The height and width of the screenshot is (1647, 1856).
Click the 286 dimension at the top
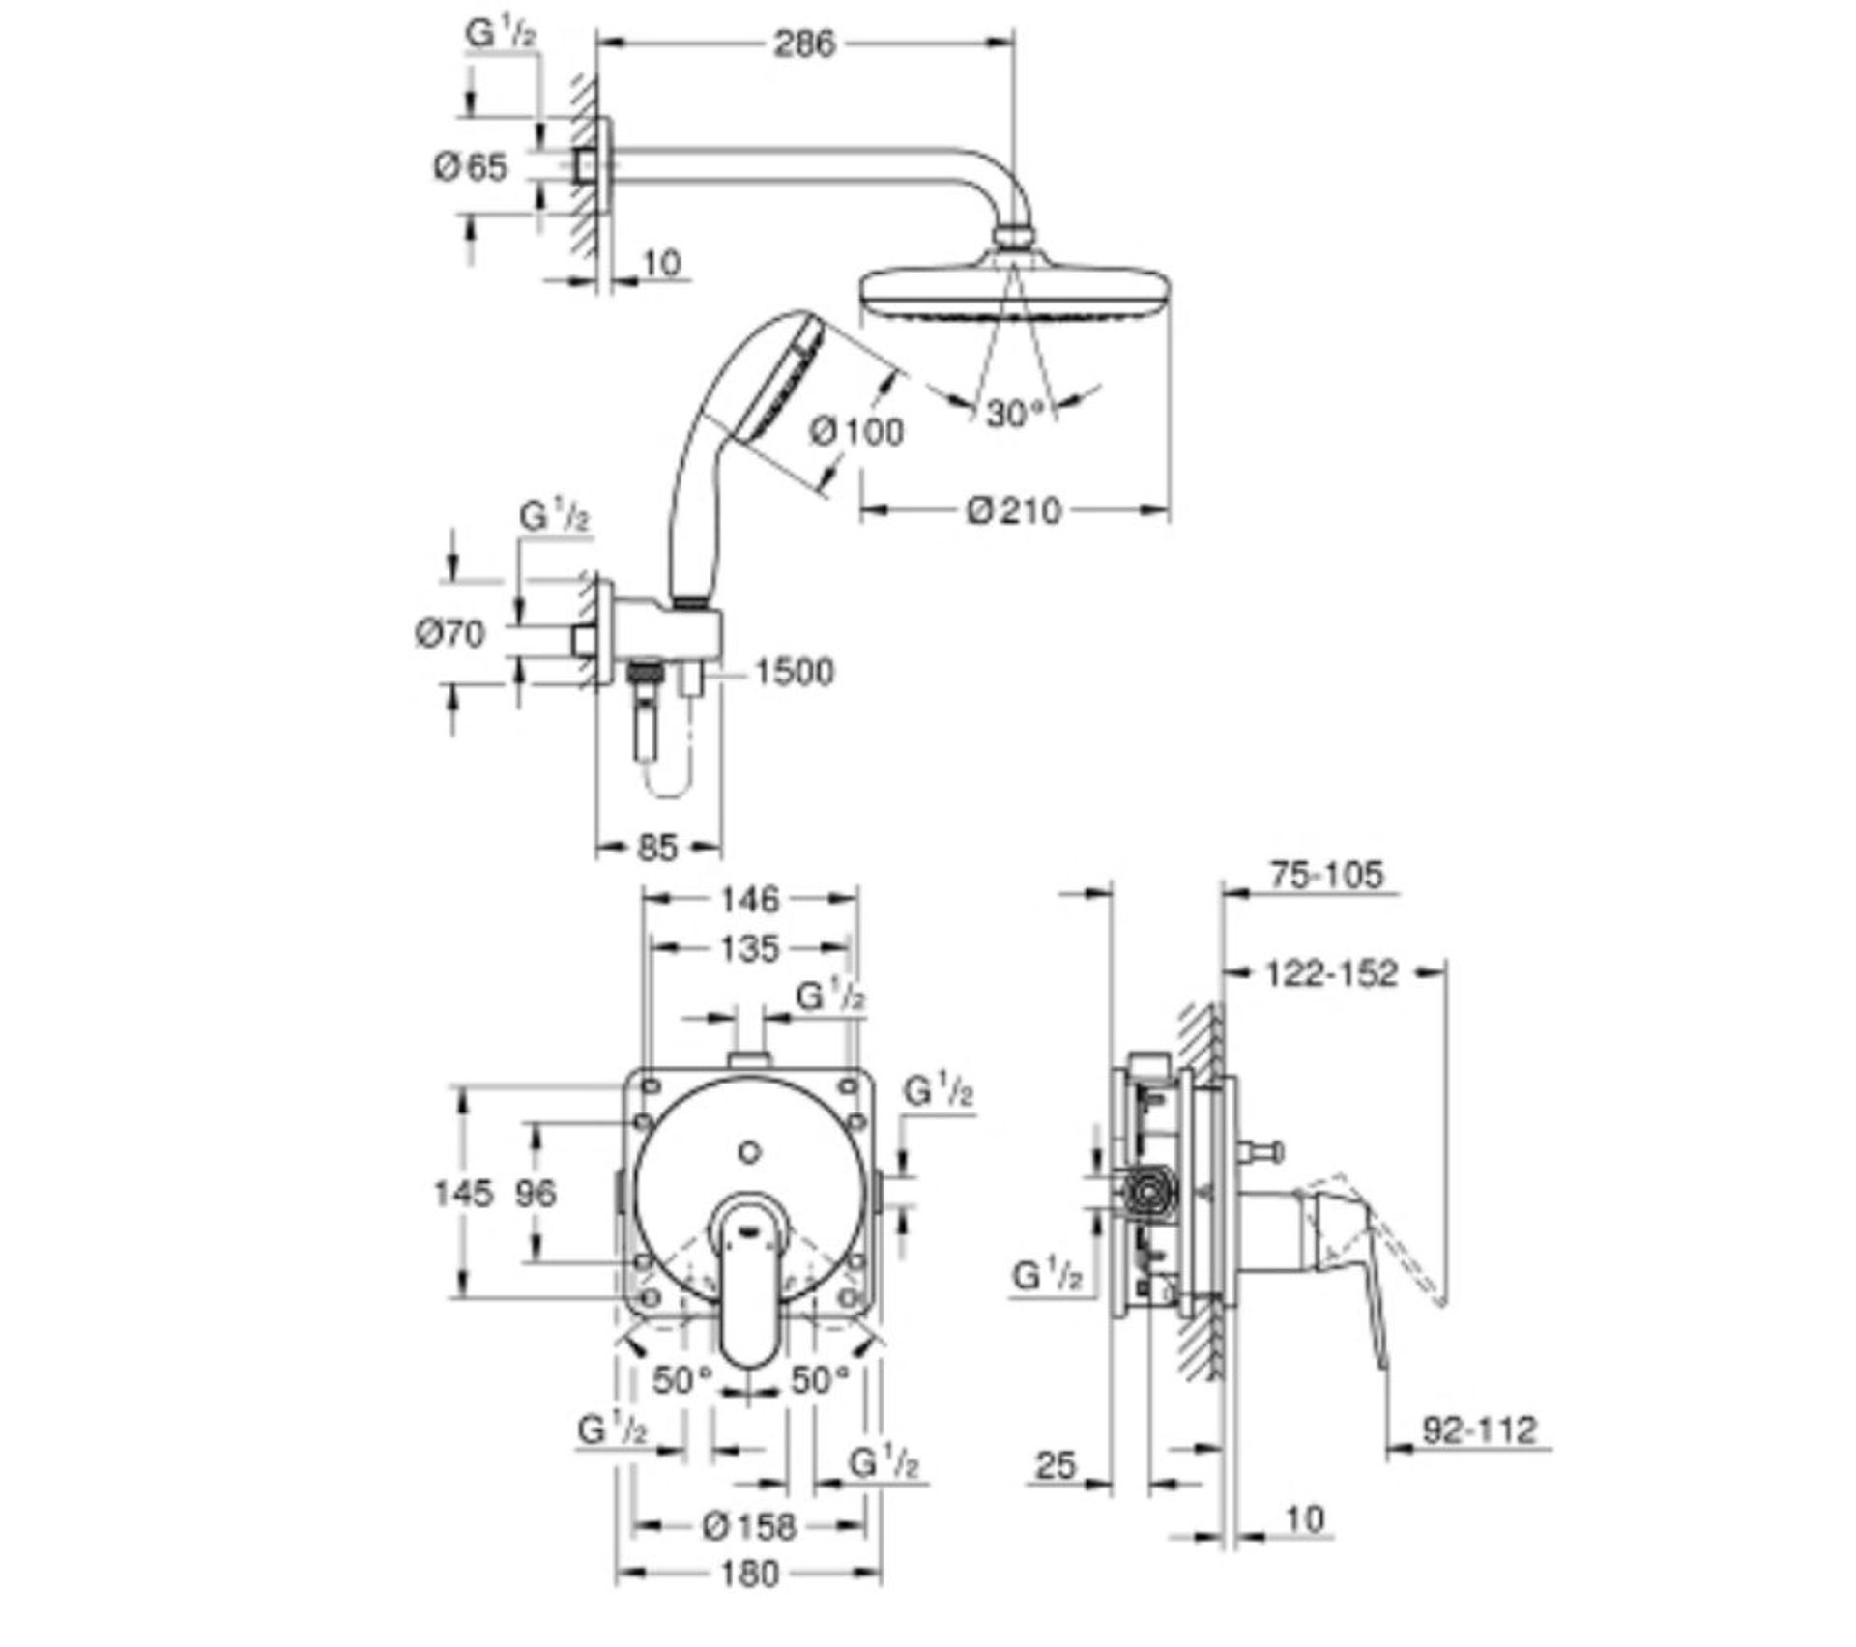pos(803,43)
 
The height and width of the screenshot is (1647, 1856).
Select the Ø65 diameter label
pos(470,167)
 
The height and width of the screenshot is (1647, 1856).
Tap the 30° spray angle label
pos(1016,414)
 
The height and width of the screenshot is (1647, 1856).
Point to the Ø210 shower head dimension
pos(1014,509)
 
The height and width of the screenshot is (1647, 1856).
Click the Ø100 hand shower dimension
pos(856,431)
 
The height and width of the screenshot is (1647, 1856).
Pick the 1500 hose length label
pos(793,672)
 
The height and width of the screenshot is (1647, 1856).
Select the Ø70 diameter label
pos(449,634)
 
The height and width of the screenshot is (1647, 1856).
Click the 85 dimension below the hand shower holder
pos(657,848)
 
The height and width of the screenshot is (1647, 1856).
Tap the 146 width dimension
pos(749,899)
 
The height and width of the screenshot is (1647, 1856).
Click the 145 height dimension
pos(463,1193)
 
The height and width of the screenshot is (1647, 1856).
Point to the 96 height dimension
pos(536,1193)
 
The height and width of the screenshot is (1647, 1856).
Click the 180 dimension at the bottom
pos(749,1574)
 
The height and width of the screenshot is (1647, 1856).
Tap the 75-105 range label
pos(1326,875)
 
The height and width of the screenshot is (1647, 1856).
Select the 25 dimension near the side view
pos(1056,1465)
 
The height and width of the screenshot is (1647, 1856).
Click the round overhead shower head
pos(1015,290)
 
